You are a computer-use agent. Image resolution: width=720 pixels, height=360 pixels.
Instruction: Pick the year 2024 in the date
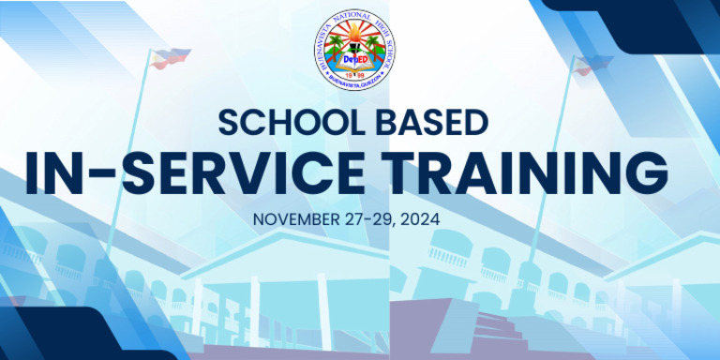pyautogui.click(x=446, y=220)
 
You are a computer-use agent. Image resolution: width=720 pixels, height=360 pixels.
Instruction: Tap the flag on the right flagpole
pyautogui.click(x=588, y=65)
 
